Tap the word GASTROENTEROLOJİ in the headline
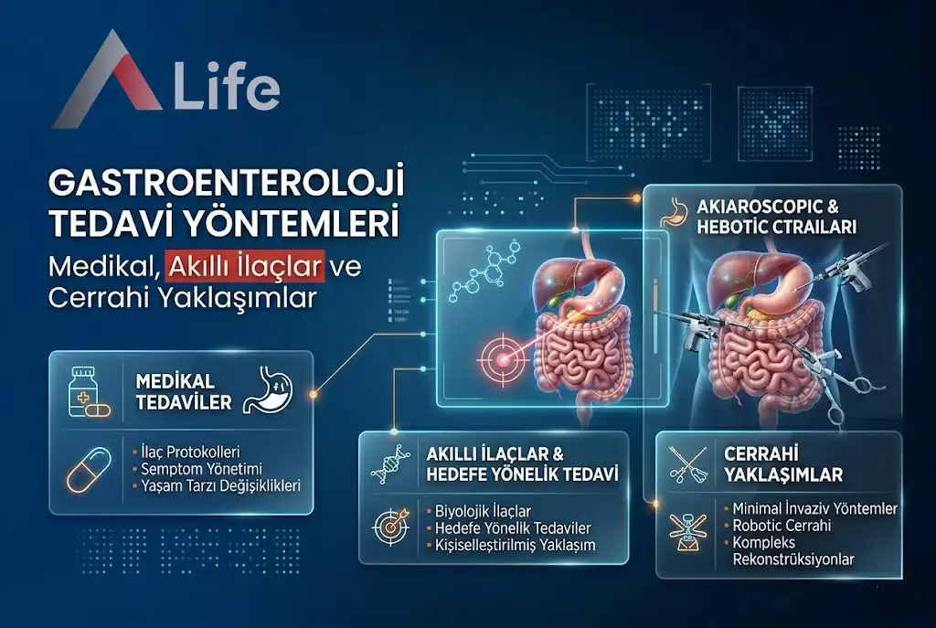[x=227, y=184]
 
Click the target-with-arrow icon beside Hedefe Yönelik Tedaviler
[x=388, y=528]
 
